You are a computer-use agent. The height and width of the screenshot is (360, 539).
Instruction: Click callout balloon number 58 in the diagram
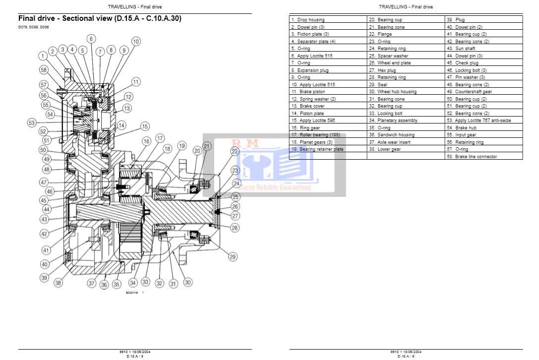[44, 70]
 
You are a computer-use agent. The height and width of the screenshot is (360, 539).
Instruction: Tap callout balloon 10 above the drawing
[136, 42]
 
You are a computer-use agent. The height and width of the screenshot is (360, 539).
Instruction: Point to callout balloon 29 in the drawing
[233, 256]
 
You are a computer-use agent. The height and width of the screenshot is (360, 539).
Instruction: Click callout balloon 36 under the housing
[104, 285]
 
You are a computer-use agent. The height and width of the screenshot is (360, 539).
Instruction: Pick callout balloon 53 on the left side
[32, 122]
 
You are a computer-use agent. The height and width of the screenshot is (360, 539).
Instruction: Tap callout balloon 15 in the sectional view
[145, 126]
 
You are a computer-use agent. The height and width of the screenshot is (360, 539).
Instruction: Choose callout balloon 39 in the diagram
[44, 278]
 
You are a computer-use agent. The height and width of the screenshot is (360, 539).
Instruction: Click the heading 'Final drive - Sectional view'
[100, 19]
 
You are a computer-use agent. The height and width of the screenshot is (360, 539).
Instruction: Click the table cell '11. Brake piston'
[308, 92]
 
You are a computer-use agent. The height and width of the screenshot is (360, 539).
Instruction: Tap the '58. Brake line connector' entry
[472, 157]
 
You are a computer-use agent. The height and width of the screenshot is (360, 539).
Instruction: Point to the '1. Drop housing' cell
[308, 20]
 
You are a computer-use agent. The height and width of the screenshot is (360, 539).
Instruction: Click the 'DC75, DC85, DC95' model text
[34, 27]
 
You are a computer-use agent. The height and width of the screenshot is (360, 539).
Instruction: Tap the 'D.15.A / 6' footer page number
[406, 356]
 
